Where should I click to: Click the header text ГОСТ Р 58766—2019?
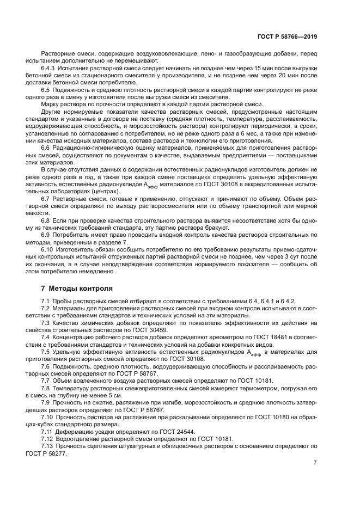[x=287, y=36]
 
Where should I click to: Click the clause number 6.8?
[x=46, y=220]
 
